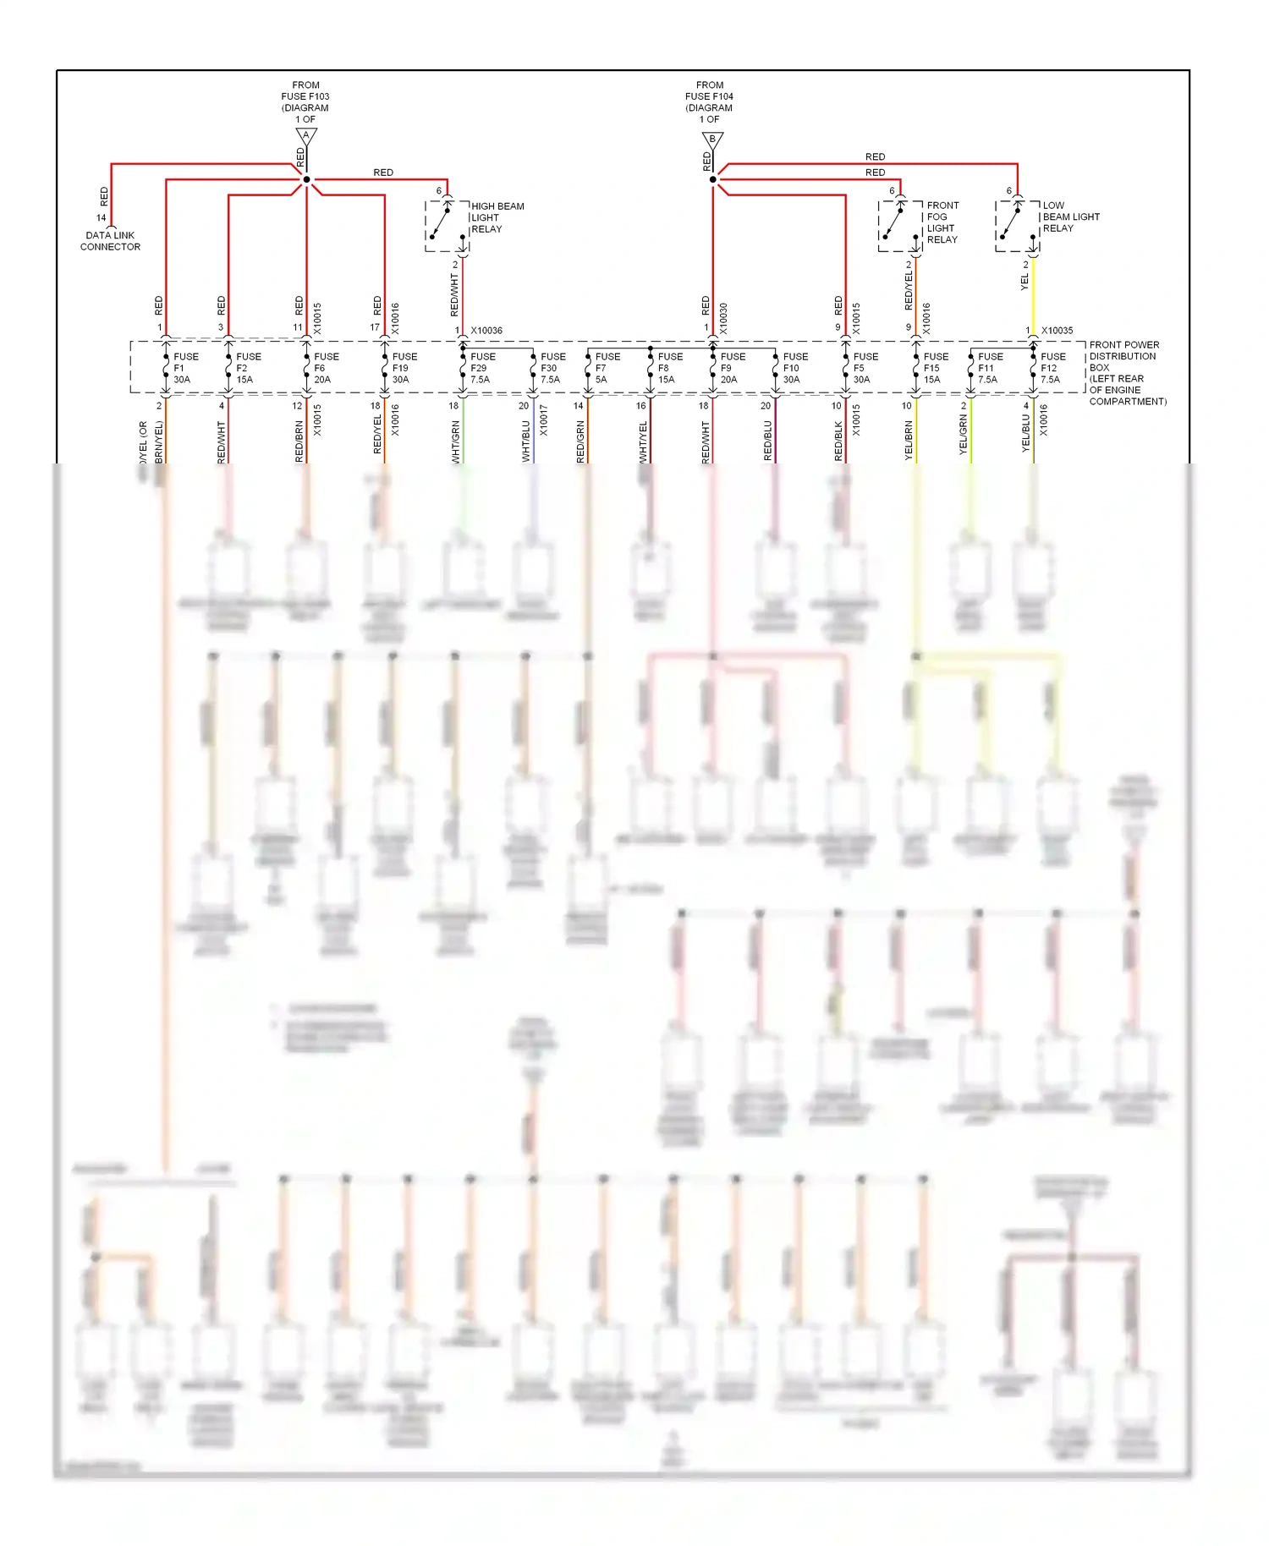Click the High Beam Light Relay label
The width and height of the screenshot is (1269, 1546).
[x=497, y=217]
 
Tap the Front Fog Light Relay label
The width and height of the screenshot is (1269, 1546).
[x=942, y=222]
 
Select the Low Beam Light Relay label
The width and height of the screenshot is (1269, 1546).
[x=1070, y=217]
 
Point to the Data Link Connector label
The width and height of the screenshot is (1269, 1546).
[x=110, y=241]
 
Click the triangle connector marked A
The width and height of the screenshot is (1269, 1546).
[x=306, y=136]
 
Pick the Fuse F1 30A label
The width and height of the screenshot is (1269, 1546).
[x=185, y=368]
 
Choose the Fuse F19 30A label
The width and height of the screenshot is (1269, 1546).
[x=404, y=368]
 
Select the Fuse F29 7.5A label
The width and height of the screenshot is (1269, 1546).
[x=482, y=368]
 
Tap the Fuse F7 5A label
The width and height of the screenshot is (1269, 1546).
[x=607, y=368]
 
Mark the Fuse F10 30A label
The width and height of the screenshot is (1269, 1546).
[x=794, y=368]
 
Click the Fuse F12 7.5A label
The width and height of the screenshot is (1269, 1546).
[x=1052, y=368]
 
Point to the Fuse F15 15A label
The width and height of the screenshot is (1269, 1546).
[x=935, y=368]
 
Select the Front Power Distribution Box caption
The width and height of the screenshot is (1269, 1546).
[x=1126, y=373]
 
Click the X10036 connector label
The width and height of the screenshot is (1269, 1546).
[x=486, y=331]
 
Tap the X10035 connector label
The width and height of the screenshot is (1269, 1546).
[x=1057, y=331]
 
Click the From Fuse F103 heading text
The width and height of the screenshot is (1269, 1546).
[x=305, y=101]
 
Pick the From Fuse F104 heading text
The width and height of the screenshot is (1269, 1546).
[x=709, y=101]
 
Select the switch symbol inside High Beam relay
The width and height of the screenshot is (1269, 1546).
[x=440, y=223]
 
